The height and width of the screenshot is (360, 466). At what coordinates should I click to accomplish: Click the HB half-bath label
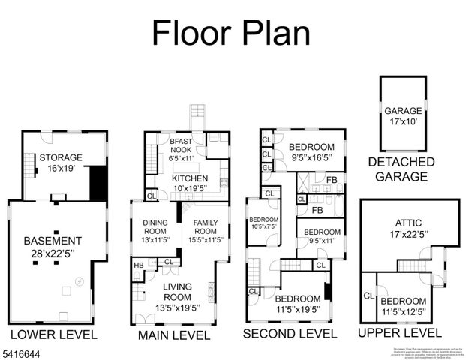(x=139, y=265)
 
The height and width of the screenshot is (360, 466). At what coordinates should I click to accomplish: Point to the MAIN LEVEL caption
(x=174, y=334)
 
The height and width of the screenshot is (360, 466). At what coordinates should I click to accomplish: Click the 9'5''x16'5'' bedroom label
(x=312, y=151)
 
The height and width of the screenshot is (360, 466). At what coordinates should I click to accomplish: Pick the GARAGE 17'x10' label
(x=404, y=115)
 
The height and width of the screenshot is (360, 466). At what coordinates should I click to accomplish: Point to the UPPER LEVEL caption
(x=399, y=332)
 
